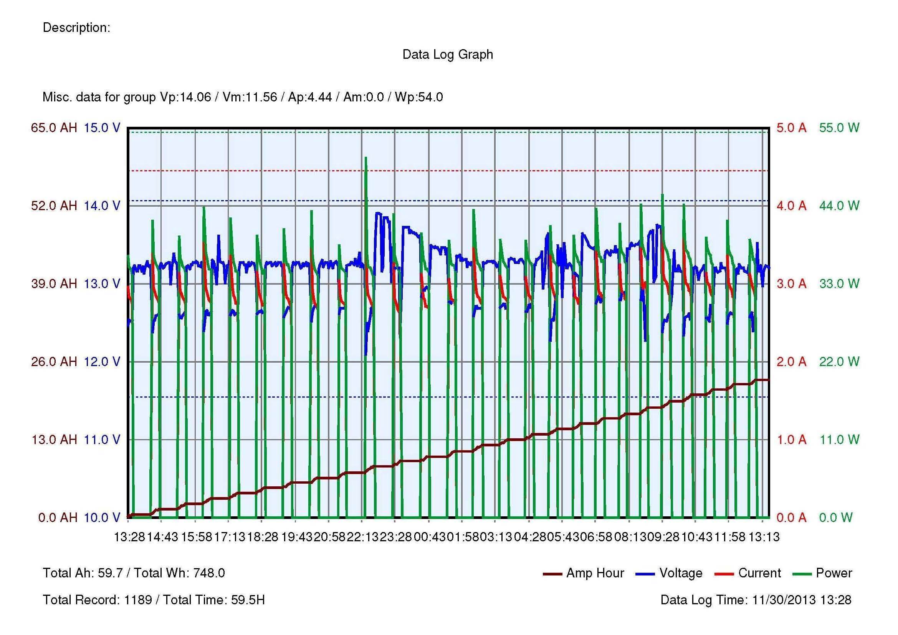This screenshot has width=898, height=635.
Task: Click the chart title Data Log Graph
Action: point(447,55)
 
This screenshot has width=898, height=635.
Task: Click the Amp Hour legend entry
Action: point(594,573)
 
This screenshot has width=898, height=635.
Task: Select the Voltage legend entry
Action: point(681,573)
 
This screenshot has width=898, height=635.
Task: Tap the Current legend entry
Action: point(759,573)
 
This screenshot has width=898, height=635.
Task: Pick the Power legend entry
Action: point(834,573)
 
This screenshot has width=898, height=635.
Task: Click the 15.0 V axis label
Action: point(102,128)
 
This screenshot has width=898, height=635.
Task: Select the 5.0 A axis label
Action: point(791,128)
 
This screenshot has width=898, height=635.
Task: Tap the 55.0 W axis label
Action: point(839,128)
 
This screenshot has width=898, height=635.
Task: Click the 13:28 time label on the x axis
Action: point(129,537)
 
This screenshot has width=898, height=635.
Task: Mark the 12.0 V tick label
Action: point(102,361)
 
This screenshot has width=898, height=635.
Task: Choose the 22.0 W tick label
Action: point(839,361)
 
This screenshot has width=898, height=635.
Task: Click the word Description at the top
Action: point(76,28)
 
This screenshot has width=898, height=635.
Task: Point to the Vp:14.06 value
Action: point(185,97)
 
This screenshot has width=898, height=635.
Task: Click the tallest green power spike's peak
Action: point(366,157)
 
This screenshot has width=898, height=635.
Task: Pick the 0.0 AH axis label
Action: point(58,517)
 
